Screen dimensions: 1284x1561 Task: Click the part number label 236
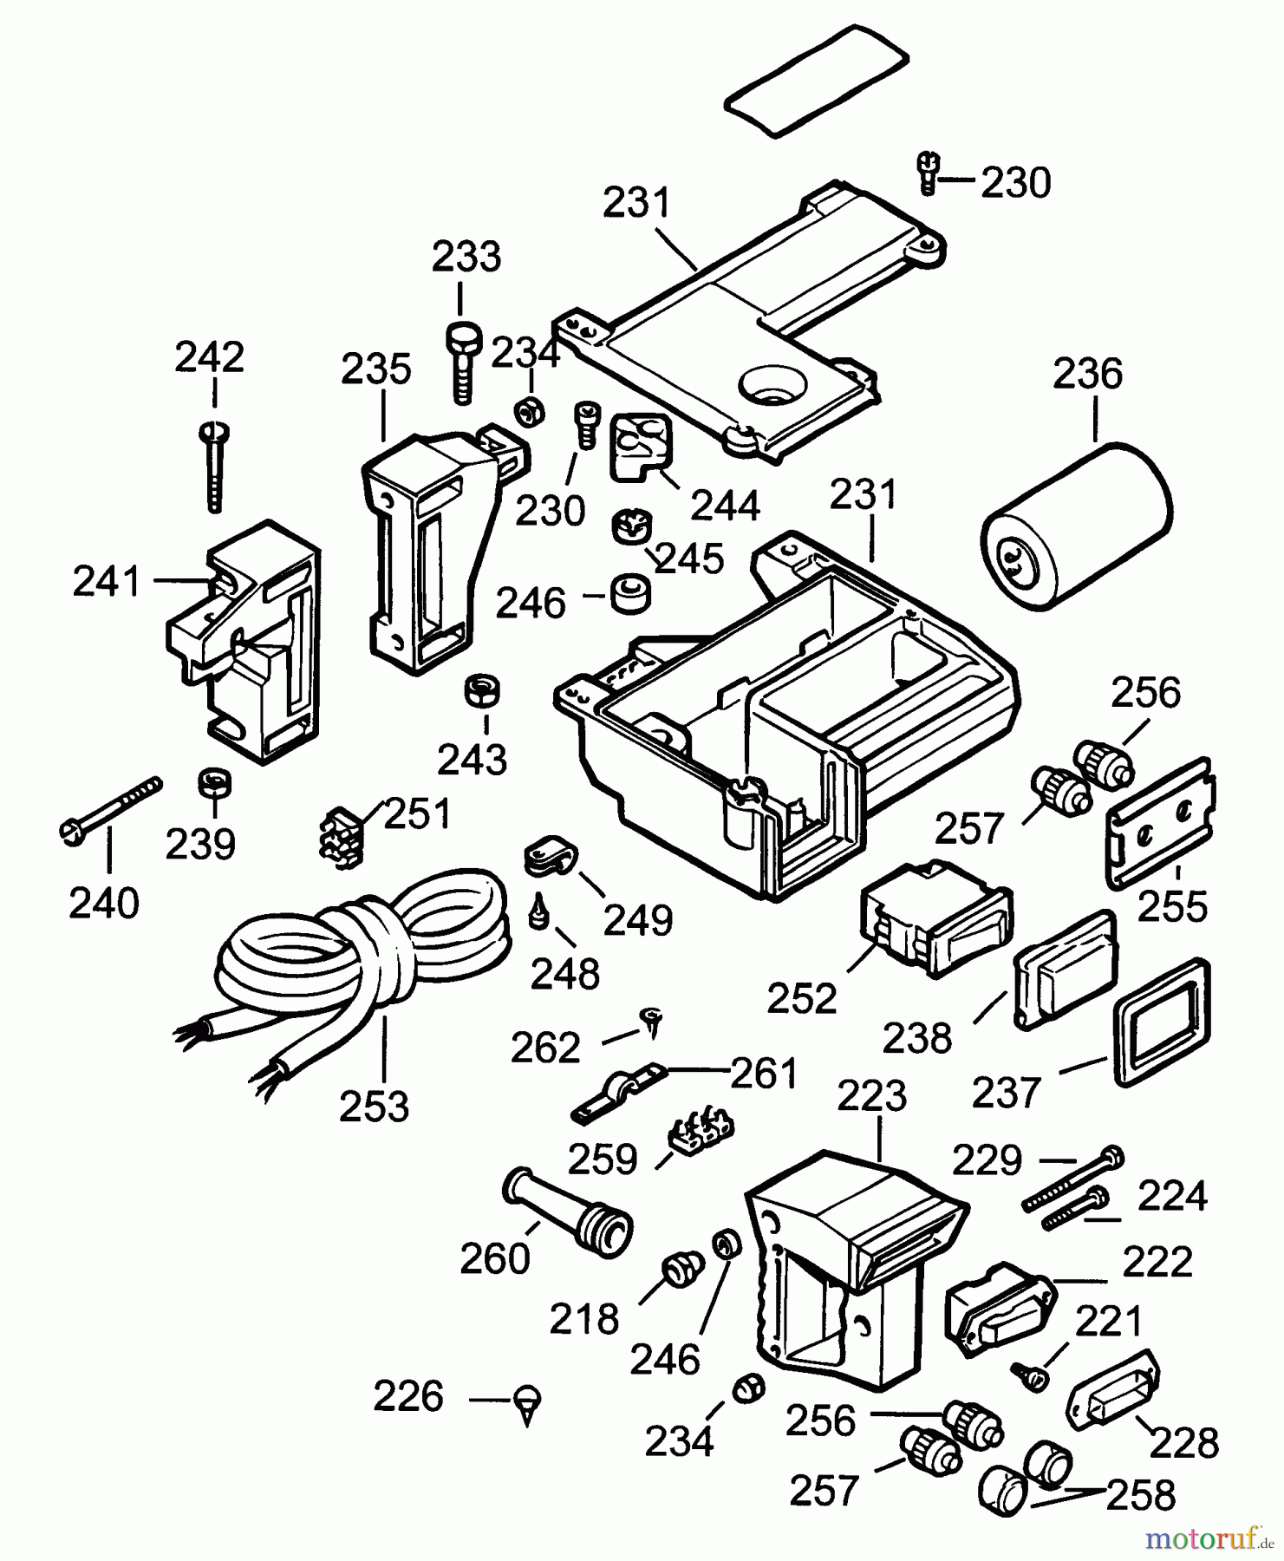pos(1087,374)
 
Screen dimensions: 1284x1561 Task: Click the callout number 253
pos(374,1107)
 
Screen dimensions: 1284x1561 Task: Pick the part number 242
pos(210,357)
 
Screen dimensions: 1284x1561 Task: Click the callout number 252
pos(802,999)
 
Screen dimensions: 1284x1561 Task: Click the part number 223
pos(872,1096)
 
